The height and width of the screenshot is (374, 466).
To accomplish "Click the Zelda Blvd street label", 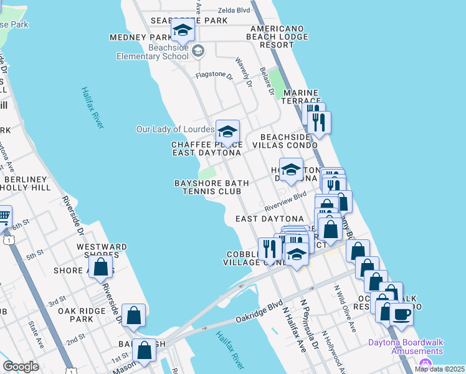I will [x=234, y=11].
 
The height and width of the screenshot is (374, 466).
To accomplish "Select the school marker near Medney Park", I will [x=183, y=30].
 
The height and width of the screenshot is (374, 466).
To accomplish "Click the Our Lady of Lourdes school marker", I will [x=227, y=132].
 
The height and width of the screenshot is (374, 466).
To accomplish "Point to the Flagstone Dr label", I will [x=214, y=76].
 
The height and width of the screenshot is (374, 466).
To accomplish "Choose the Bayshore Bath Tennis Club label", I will [x=211, y=187].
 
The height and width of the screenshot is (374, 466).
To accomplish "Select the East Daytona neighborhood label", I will [x=269, y=219].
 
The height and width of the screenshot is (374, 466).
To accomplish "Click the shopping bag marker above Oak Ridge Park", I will [x=134, y=315].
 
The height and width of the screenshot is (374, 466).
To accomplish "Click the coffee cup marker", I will [x=401, y=314].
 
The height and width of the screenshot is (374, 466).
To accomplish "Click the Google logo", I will [x=20, y=367].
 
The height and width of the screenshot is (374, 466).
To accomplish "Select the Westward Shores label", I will [x=102, y=251].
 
